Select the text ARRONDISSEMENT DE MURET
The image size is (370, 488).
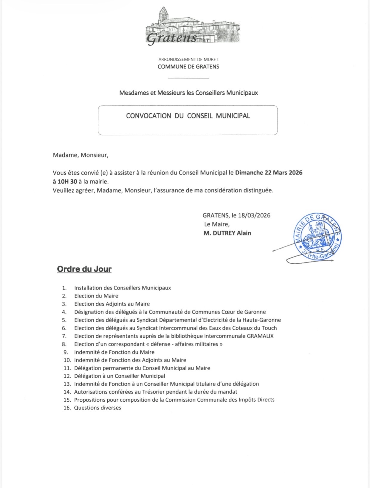click(x=188, y=59)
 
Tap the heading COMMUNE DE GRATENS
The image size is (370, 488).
click(x=188, y=67)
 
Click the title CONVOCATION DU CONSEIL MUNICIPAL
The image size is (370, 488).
click(x=188, y=116)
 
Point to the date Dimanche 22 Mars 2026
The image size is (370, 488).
click(x=269, y=173)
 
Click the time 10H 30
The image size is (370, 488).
click(x=65, y=182)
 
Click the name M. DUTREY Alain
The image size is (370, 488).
click(x=227, y=233)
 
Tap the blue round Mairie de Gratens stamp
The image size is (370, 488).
click(x=318, y=237)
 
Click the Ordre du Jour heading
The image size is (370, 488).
click(x=84, y=269)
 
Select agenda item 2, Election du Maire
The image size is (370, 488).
click(x=96, y=296)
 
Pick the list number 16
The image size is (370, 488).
click(x=67, y=408)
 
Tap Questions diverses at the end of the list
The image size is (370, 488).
click(x=97, y=408)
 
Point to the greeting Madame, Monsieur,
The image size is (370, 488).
click(x=80, y=155)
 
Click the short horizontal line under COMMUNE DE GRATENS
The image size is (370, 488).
click(x=188, y=78)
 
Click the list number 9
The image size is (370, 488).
click(x=66, y=352)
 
